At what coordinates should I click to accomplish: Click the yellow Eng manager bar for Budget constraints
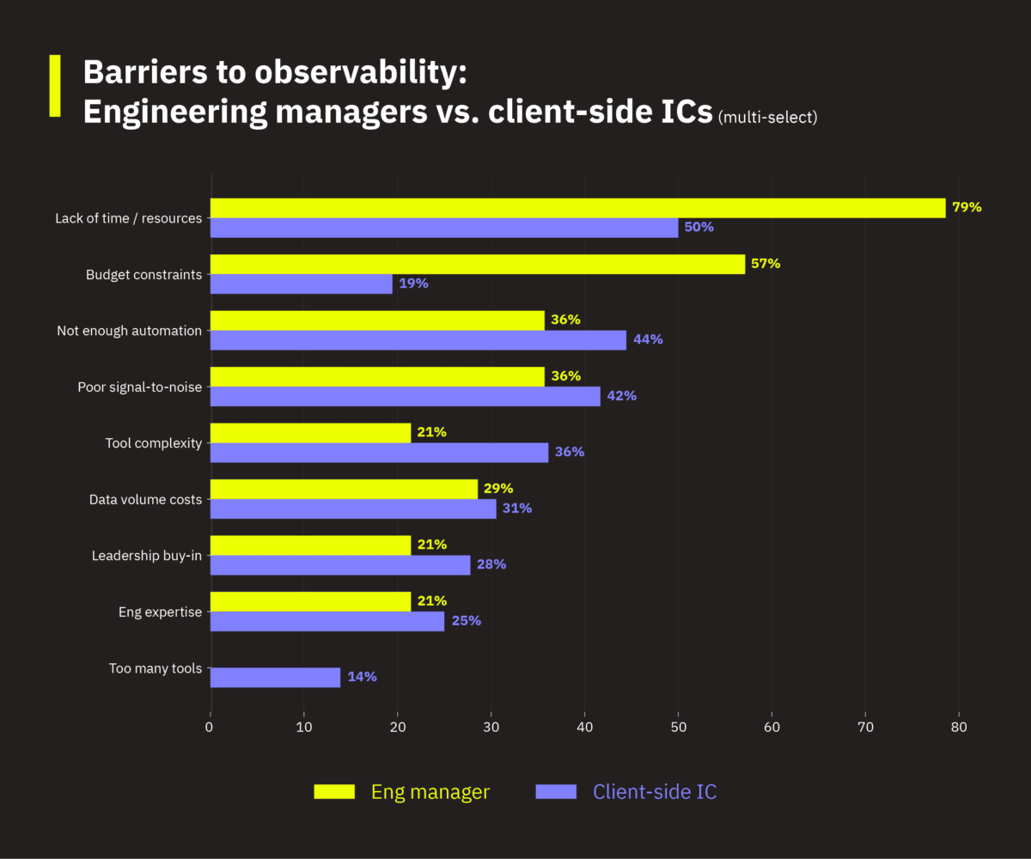click(477, 265)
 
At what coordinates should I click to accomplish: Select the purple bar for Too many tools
click(275, 677)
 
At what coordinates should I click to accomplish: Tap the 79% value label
click(967, 208)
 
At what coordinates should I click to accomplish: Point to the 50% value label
click(699, 228)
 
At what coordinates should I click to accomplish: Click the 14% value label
click(362, 677)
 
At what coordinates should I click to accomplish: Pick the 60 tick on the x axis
click(772, 728)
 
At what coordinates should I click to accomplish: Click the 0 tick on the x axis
click(210, 728)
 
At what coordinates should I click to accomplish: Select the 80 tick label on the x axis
click(959, 728)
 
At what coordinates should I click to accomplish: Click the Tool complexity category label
click(154, 443)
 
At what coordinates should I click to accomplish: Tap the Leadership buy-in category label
click(147, 556)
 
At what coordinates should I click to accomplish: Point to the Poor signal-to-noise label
click(140, 387)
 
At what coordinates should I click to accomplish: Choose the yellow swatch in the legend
click(334, 791)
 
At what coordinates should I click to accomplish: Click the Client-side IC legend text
click(655, 791)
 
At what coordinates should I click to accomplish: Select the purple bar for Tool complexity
click(379, 453)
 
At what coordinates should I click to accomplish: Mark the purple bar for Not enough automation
click(418, 340)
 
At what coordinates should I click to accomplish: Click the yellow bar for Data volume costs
click(344, 489)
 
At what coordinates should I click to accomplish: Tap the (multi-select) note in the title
click(768, 117)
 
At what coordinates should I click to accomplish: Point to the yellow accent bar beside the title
click(55, 86)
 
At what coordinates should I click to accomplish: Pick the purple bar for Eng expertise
click(327, 621)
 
